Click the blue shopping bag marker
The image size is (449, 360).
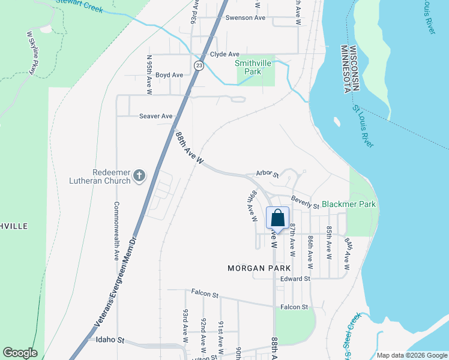277,218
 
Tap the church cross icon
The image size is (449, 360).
139,176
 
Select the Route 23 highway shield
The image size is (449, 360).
199,65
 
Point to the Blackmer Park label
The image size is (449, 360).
349,204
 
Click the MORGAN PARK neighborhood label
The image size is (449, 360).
259,268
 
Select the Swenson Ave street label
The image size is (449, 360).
245,18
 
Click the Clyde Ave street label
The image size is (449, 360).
224,54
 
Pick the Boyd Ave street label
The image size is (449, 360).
169,75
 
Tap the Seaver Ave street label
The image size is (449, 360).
155,116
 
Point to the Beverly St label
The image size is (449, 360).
306,202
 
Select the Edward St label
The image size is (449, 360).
295,278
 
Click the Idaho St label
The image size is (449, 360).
109,340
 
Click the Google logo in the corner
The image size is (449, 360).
20,353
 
